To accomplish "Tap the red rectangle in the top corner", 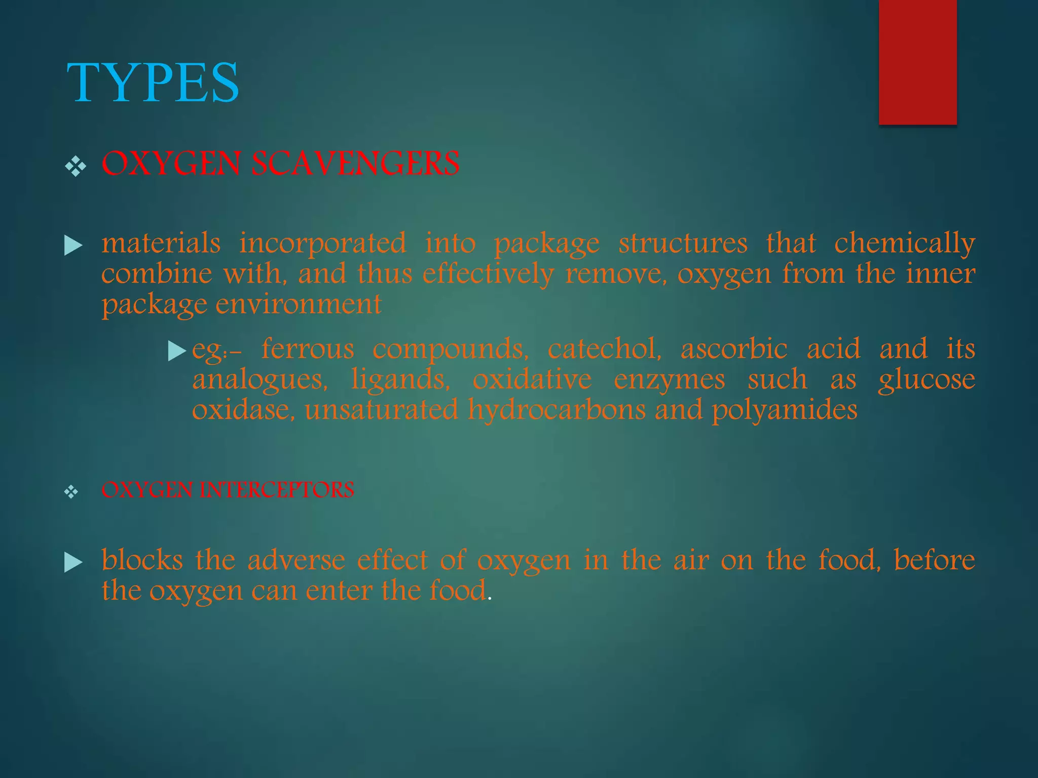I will [917, 62].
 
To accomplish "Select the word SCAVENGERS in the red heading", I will [356, 164].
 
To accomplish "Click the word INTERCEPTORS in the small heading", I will [277, 490].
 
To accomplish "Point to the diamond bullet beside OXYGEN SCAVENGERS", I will [76, 166].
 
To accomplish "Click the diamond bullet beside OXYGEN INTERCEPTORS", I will [71, 491].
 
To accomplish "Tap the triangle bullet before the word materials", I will [73, 246].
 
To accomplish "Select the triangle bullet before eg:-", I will [177, 351].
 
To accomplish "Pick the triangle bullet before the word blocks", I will [73, 562].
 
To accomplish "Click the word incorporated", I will [323, 243].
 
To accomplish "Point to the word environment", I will [299, 304].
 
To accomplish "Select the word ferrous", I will [308, 349].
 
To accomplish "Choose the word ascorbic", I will [734, 349].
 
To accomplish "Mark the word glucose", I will [926, 380].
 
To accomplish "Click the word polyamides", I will [785, 410].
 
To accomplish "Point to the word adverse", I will [296, 560].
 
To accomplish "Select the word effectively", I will [488, 274].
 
